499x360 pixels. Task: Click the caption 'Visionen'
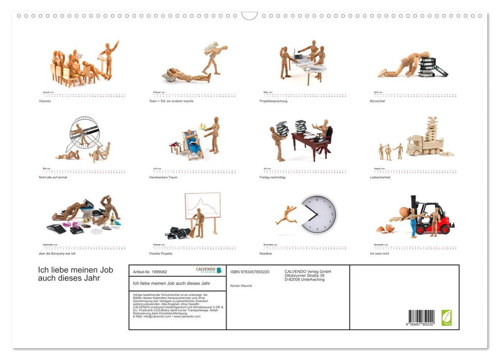pos(45,101)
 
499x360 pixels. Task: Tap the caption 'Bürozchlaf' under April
pos(377,101)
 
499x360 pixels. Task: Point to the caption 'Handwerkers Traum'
pos(162,177)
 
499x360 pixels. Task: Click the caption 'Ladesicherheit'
pos(380,177)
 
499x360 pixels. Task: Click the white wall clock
pos(319,214)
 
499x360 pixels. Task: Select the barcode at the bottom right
pos(421,316)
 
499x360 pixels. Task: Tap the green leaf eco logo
pos(447,317)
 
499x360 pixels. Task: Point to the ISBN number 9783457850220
pos(250,272)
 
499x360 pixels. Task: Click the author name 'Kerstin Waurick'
pos(241,285)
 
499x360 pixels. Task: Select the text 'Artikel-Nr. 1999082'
pos(150,272)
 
